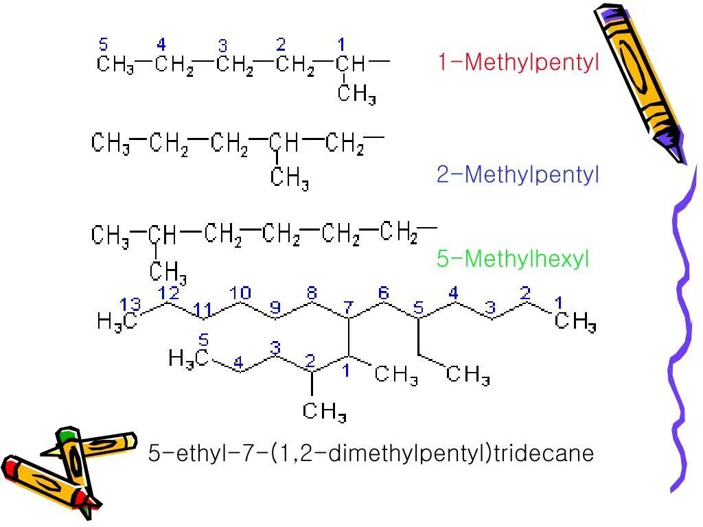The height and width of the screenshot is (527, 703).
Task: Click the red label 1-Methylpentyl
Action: pyautogui.click(x=518, y=62)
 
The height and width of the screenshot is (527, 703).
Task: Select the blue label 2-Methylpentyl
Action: pyautogui.click(x=518, y=174)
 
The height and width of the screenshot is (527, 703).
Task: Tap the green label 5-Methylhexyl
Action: pyautogui.click(x=513, y=259)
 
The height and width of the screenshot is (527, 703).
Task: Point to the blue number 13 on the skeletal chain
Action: pyautogui.click(x=130, y=304)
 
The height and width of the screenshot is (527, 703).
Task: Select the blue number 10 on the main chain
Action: pyautogui.click(x=240, y=293)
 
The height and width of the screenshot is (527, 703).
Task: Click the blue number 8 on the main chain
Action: pyautogui.click(x=311, y=293)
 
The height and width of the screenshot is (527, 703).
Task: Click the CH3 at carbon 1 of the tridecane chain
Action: pyautogui.click(x=575, y=322)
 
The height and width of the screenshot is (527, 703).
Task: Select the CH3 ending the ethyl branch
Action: pyautogui.click(x=468, y=375)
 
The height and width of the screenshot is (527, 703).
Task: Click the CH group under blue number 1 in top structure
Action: pyautogui.click(x=350, y=65)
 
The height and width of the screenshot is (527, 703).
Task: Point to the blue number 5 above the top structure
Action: pyautogui.click(x=104, y=45)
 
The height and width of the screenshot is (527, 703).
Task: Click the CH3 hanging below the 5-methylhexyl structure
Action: pyautogui.click(x=168, y=272)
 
